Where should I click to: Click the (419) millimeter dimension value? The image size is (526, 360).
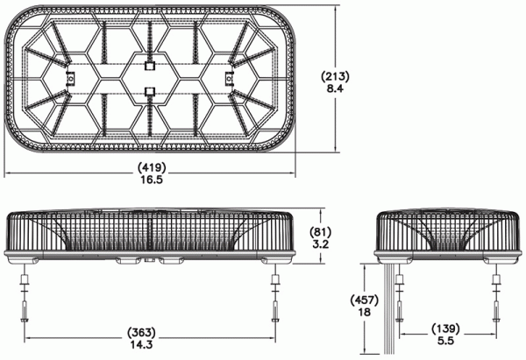point(152,166)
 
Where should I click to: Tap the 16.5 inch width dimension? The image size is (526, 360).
point(152,180)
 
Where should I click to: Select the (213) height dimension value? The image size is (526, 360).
point(335,77)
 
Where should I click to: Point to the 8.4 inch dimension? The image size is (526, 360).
point(335,89)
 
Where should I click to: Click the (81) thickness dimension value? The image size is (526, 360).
point(320,231)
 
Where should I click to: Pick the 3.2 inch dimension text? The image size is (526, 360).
point(320,244)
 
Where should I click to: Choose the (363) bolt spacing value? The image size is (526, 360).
point(141,332)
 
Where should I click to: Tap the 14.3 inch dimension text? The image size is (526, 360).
point(141,344)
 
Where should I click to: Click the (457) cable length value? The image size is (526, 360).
point(365,300)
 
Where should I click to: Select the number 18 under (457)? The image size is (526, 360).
point(365,312)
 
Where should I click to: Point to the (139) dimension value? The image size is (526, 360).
point(445,328)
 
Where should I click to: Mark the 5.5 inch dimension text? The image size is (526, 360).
point(445,341)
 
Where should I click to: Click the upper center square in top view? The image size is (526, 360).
point(149,66)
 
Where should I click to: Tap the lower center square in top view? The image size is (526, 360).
point(149,91)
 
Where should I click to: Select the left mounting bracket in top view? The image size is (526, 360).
point(70,79)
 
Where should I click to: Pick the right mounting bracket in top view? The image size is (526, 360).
point(228,79)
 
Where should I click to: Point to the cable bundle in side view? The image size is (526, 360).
point(389,308)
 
